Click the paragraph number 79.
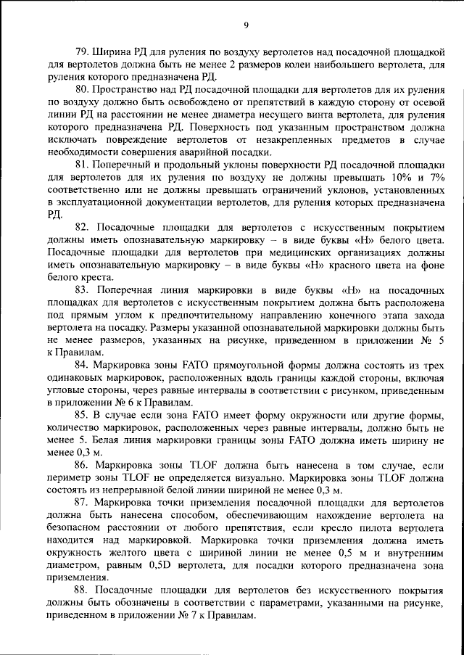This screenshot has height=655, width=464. click(x=83, y=54)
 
